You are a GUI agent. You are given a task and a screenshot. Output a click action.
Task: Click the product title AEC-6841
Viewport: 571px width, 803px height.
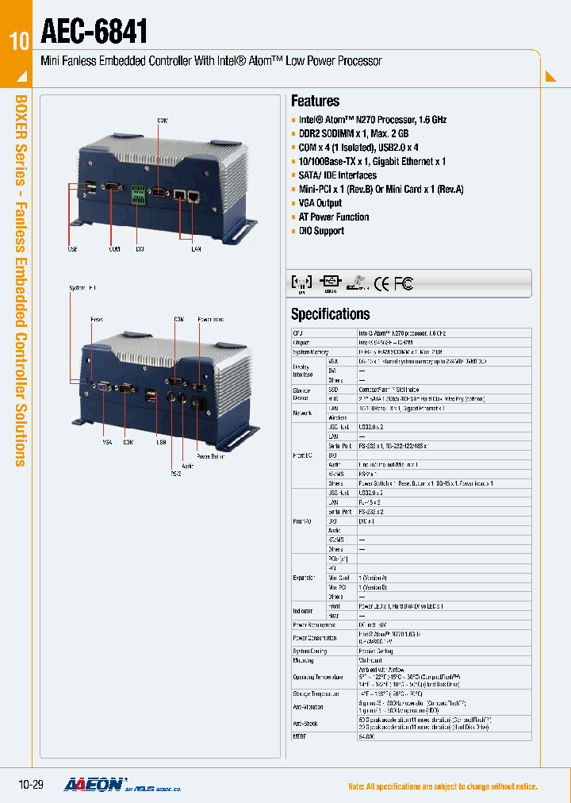pyautogui.click(x=94, y=31)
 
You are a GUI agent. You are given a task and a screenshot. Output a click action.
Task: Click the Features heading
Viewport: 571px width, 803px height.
pyautogui.click(x=315, y=101)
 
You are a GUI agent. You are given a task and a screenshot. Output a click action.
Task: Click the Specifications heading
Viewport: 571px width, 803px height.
pyautogui.click(x=330, y=313)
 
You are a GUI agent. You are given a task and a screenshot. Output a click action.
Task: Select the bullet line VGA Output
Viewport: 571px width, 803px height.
pyautogui.click(x=320, y=203)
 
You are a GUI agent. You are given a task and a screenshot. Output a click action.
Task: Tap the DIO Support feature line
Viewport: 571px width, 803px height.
pyautogui.click(x=321, y=231)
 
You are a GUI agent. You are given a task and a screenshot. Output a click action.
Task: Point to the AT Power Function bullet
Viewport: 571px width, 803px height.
pyautogui.click(x=333, y=217)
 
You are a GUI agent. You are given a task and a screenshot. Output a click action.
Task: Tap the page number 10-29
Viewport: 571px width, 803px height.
pyautogui.click(x=30, y=785)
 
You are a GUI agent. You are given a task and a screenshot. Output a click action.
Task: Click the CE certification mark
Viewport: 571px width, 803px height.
pyautogui.click(x=381, y=283)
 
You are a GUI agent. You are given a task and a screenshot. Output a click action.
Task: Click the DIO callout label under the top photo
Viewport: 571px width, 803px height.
pyautogui.click(x=139, y=249)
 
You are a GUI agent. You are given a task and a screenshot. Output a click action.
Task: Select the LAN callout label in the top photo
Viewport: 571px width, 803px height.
pyautogui.click(x=195, y=249)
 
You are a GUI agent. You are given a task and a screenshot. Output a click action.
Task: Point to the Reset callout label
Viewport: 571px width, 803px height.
pyautogui.click(x=96, y=319)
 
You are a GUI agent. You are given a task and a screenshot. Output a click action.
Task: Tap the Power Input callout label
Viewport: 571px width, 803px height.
pyautogui.click(x=210, y=319)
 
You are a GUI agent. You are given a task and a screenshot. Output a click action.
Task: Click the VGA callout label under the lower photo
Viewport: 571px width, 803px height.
pyautogui.click(x=107, y=442)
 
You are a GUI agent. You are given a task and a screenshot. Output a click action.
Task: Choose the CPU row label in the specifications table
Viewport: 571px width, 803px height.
pyautogui.click(x=298, y=333)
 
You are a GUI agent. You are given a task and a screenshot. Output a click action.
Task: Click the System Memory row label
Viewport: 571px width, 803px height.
pyautogui.click(x=310, y=351)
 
